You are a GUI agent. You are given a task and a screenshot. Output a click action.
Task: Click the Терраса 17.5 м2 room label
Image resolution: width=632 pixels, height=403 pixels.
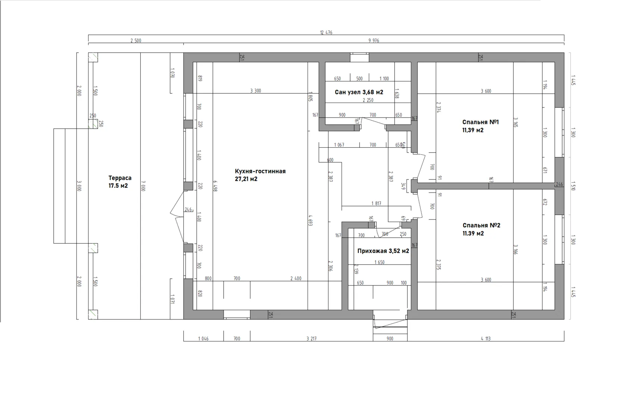coord(120,182)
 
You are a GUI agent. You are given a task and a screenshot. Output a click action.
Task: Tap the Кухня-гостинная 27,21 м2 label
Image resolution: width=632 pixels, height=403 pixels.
coord(260,175)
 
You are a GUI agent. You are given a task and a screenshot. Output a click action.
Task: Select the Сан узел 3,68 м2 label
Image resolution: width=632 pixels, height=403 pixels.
coord(359,92)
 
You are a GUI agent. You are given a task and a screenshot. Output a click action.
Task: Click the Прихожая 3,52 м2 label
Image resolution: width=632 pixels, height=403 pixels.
coord(383,251)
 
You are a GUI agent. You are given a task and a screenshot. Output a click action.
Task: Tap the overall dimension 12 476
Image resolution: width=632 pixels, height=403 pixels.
coord(326,32)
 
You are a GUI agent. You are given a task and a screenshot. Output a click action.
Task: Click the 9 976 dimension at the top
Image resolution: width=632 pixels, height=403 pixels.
coord(374,41)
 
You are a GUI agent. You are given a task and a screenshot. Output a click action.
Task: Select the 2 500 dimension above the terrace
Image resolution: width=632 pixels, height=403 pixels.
coord(136,41)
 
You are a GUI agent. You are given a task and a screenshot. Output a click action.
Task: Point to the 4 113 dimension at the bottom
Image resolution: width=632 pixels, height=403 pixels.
coord(486,338)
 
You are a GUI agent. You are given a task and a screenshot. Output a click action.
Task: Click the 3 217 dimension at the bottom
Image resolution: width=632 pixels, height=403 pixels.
coord(311,338)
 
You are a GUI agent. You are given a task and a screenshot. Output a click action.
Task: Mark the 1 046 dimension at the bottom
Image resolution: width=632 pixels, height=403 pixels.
coord(203,338)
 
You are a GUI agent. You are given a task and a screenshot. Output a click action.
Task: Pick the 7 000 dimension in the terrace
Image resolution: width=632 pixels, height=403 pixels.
coord(143,186)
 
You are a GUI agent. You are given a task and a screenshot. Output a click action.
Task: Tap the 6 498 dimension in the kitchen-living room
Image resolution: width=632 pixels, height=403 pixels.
coord(215,186)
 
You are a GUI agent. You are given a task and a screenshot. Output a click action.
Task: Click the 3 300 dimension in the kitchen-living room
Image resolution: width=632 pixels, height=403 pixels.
coord(256,91)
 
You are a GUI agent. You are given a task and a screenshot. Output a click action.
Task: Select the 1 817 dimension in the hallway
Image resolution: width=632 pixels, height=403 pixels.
coord(376,203)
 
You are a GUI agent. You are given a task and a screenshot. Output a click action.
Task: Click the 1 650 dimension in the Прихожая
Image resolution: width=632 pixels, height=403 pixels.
coord(380,262)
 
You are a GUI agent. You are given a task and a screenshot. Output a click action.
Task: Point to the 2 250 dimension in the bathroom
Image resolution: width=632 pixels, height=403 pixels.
coord(368,100)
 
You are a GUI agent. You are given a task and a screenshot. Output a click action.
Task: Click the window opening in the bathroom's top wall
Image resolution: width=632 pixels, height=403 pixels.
coord(359,57)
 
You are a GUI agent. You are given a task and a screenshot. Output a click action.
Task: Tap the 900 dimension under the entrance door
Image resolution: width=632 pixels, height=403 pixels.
coord(390,338)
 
